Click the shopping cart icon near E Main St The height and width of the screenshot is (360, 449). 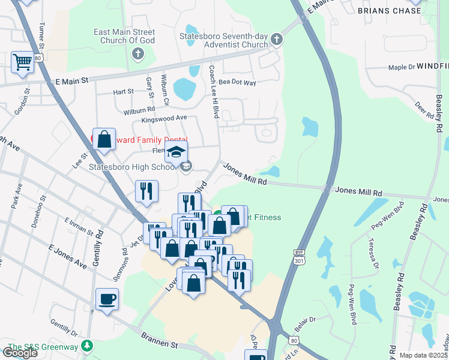(22, 62)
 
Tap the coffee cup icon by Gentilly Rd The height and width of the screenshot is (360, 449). (107, 299)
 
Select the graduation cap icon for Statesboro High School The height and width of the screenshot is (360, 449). (176, 152)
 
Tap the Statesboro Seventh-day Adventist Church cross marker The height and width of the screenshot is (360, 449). (276, 40)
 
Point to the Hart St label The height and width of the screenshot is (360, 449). (123, 92)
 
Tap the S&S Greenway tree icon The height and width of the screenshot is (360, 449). (88, 347)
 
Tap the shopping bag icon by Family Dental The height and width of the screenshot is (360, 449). (104, 139)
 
